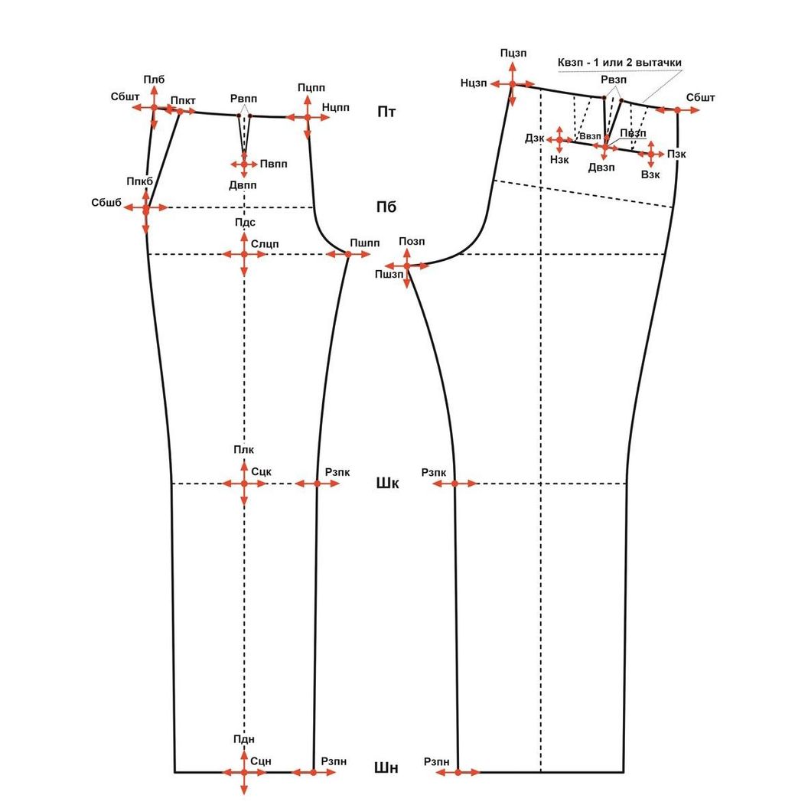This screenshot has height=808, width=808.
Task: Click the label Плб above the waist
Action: click(x=154, y=80)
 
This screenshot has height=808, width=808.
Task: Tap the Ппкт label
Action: click(x=183, y=100)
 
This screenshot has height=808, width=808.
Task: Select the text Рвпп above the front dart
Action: click(x=244, y=99)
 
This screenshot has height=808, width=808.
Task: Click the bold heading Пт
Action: click(x=386, y=112)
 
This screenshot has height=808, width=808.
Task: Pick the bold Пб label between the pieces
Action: click(x=386, y=207)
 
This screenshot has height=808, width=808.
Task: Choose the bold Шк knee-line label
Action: click(x=387, y=484)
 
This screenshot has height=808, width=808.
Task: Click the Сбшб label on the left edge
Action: click(x=106, y=202)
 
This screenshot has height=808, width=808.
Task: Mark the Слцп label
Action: click(x=265, y=243)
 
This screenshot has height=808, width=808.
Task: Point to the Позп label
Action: click(x=412, y=242)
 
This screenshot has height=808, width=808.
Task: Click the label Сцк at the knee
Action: click(x=262, y=473)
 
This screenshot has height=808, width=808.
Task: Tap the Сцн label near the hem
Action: click(x=262, y=761)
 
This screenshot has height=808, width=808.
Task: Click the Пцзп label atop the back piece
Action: click(x=513, y=53)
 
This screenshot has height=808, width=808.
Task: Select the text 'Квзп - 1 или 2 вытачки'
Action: click(x=620, y=62)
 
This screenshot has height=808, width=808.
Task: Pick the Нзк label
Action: click(x=560, y=159)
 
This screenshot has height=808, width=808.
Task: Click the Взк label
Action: click(x=650, y=174)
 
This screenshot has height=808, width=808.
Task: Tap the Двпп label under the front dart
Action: click(x=243, y=185)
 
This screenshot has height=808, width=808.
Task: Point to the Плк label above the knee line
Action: click(x=243, y=449)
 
